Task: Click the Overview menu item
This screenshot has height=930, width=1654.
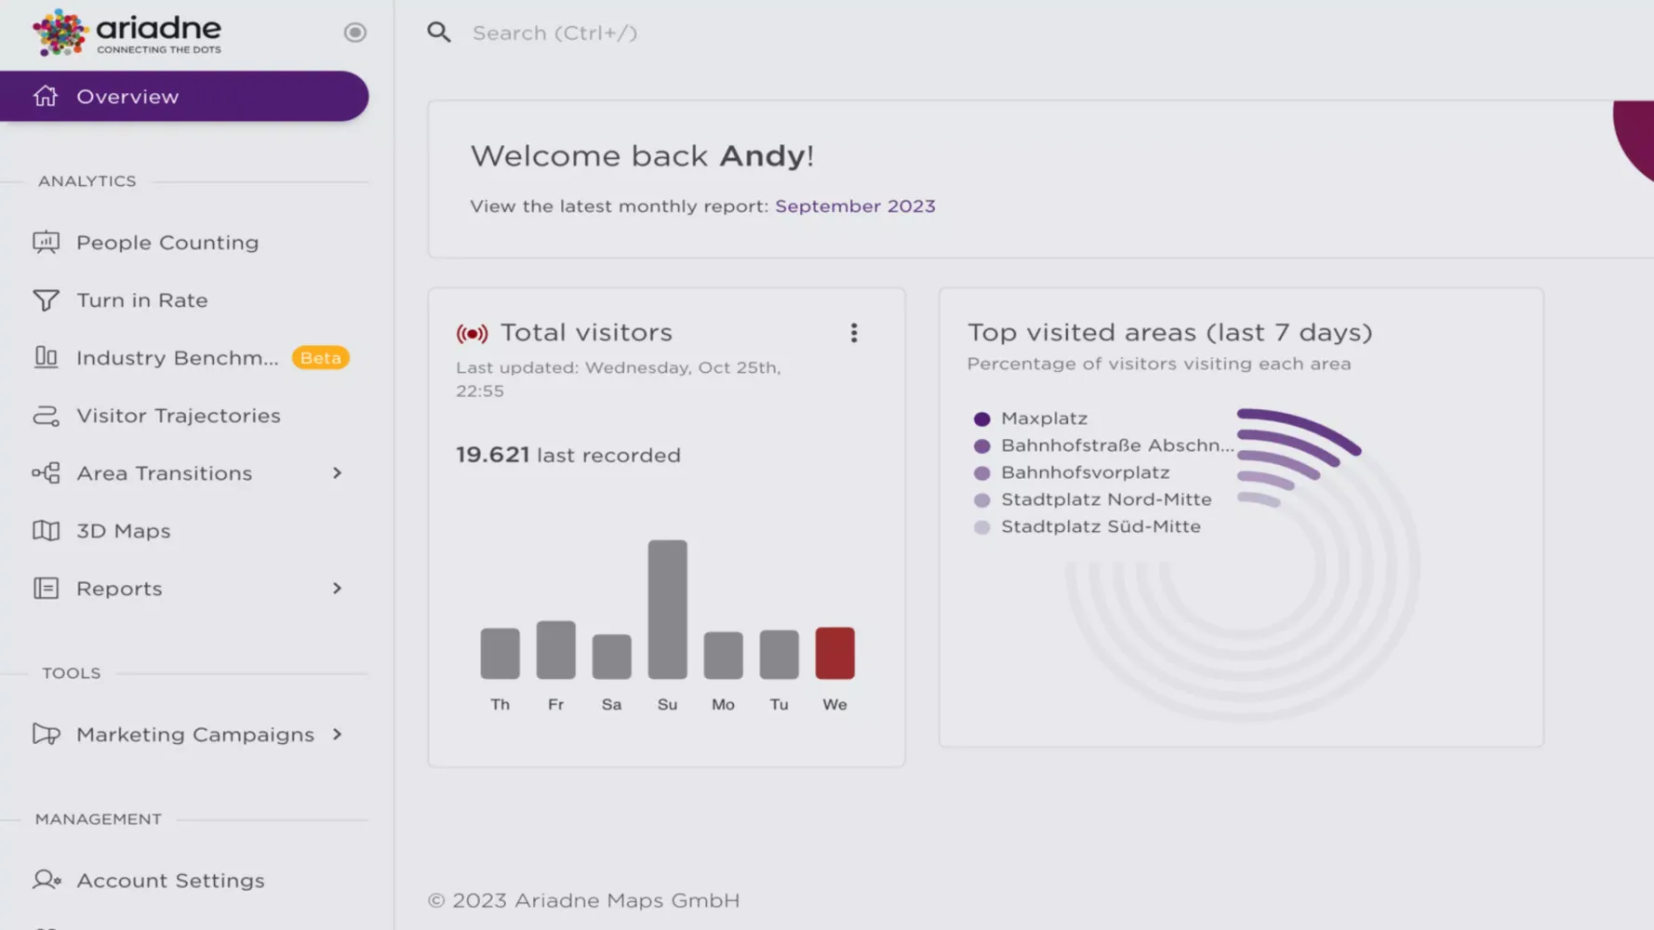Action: click(127, 97)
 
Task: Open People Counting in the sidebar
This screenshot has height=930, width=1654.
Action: click(167, 243)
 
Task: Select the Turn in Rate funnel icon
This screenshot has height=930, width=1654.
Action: click(46, 300)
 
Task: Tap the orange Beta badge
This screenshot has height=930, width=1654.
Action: click(320, 358)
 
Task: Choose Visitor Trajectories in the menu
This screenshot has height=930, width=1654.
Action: click(178, 416)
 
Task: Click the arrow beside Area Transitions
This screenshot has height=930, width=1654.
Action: click(337, 473)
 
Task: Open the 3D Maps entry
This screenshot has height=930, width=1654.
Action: click(123, 531)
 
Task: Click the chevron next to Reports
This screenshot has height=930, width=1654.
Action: click(337, 589)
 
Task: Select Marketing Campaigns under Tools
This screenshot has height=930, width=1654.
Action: click(194, 735)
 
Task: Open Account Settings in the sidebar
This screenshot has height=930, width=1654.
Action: click(170, 881)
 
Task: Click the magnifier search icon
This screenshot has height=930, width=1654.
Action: click(439, 33)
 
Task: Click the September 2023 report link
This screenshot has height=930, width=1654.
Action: click(855, 206)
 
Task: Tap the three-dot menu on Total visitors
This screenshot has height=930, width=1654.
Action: click(854, 333)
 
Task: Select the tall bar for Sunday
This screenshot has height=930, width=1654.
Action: click(667, 609)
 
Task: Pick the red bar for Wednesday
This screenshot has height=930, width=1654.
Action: click(834, 653)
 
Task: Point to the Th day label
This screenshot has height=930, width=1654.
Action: click(500, 705)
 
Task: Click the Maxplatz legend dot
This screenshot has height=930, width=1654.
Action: click(981, 419)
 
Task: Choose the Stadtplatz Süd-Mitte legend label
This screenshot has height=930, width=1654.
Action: click(1100, 527)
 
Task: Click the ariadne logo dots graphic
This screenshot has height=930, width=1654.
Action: click(60, 33)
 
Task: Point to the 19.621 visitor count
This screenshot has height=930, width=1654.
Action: click(492, 455)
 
